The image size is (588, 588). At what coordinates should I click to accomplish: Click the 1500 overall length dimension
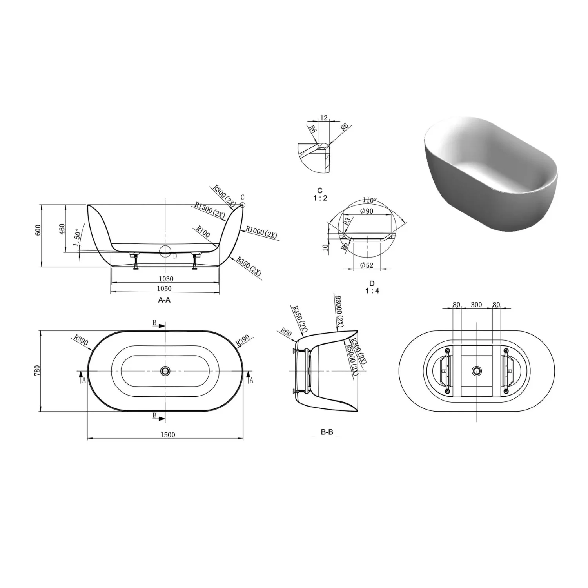(167, 434)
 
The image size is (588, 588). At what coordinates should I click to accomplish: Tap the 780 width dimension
(37, 370)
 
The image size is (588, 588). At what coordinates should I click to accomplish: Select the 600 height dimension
(38, 230)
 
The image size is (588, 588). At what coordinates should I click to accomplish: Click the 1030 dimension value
(166, 279)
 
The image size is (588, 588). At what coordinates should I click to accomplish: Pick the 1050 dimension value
(164, 289)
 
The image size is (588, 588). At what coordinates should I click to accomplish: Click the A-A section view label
(164, 300)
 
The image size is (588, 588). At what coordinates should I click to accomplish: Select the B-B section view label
(327, 432)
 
